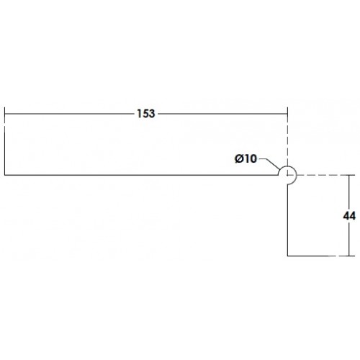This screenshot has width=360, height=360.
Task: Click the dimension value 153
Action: click(x=146, y=114)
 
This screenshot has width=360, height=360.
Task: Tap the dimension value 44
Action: click(x=349, y=216)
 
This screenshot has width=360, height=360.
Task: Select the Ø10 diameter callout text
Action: click(x=246, y=158)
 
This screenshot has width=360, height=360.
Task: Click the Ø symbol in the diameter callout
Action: click(x=239, y=158)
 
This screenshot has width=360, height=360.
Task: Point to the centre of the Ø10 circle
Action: click(x=287, y=175)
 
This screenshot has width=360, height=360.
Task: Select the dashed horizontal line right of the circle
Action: click(x=323, y=175)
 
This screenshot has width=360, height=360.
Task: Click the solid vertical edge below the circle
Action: click(x=287, y=220)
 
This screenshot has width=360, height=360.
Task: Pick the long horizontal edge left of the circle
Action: click(x=141, y=175)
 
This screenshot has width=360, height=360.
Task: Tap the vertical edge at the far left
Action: click(x=5, y=141)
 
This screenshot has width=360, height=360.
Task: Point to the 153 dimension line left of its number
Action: click(x=70, y=114)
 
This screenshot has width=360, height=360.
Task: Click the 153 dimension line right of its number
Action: click(x=222, y=114)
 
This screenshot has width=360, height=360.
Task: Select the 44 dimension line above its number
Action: click(x=349, y=192)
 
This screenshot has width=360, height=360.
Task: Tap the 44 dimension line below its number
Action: click(x=349, y=239)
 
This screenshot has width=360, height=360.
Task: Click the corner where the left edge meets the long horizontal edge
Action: click(x=5, y=175)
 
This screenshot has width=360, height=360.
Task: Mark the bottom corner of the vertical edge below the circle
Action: click(x=287, y=256)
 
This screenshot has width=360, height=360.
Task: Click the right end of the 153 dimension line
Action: click(x=287, y=114)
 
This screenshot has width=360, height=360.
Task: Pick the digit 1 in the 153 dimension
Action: click(x=139, y=114)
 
